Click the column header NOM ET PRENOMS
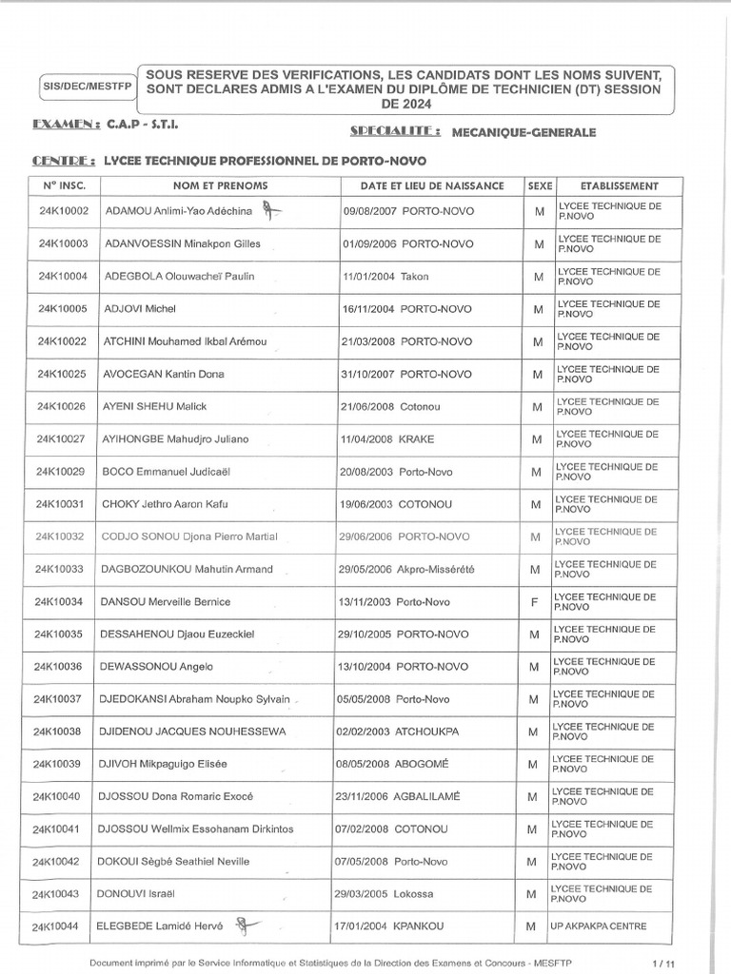(x=220, y=185)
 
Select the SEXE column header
(x=539, y=185)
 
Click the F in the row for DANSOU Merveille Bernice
(x=539, y=601)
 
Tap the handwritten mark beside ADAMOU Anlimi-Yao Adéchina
(x=273, y=210)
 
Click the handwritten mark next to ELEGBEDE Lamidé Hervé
(x=247, y=924)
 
